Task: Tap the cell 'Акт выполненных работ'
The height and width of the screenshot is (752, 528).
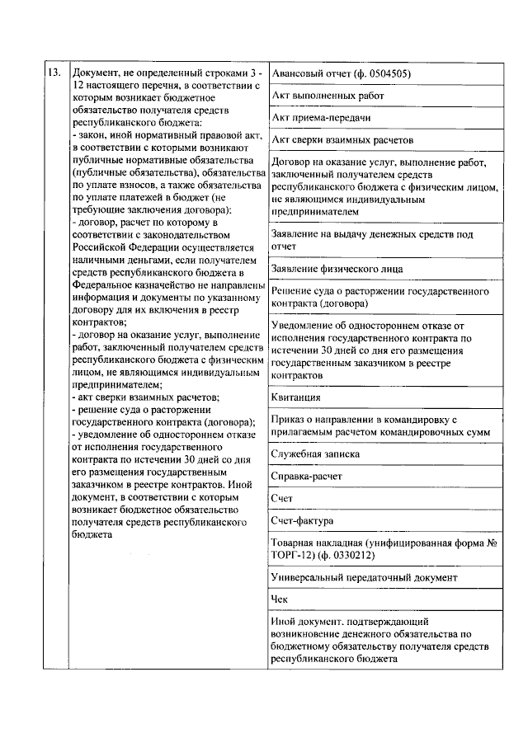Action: [x=327, y=96]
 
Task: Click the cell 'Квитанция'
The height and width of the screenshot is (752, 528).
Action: [x=295, y=397]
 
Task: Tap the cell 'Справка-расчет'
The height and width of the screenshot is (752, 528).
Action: [x=306, y=477]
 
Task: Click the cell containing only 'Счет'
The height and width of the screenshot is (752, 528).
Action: [x=282, y=499]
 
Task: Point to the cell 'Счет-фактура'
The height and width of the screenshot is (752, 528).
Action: [x=301, y=521]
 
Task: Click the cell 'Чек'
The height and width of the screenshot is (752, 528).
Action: [x=280, y=600]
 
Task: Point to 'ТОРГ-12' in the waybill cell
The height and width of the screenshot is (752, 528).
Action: [x=292, y=555]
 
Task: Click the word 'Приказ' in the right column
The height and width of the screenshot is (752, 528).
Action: [x=289, y=420]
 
